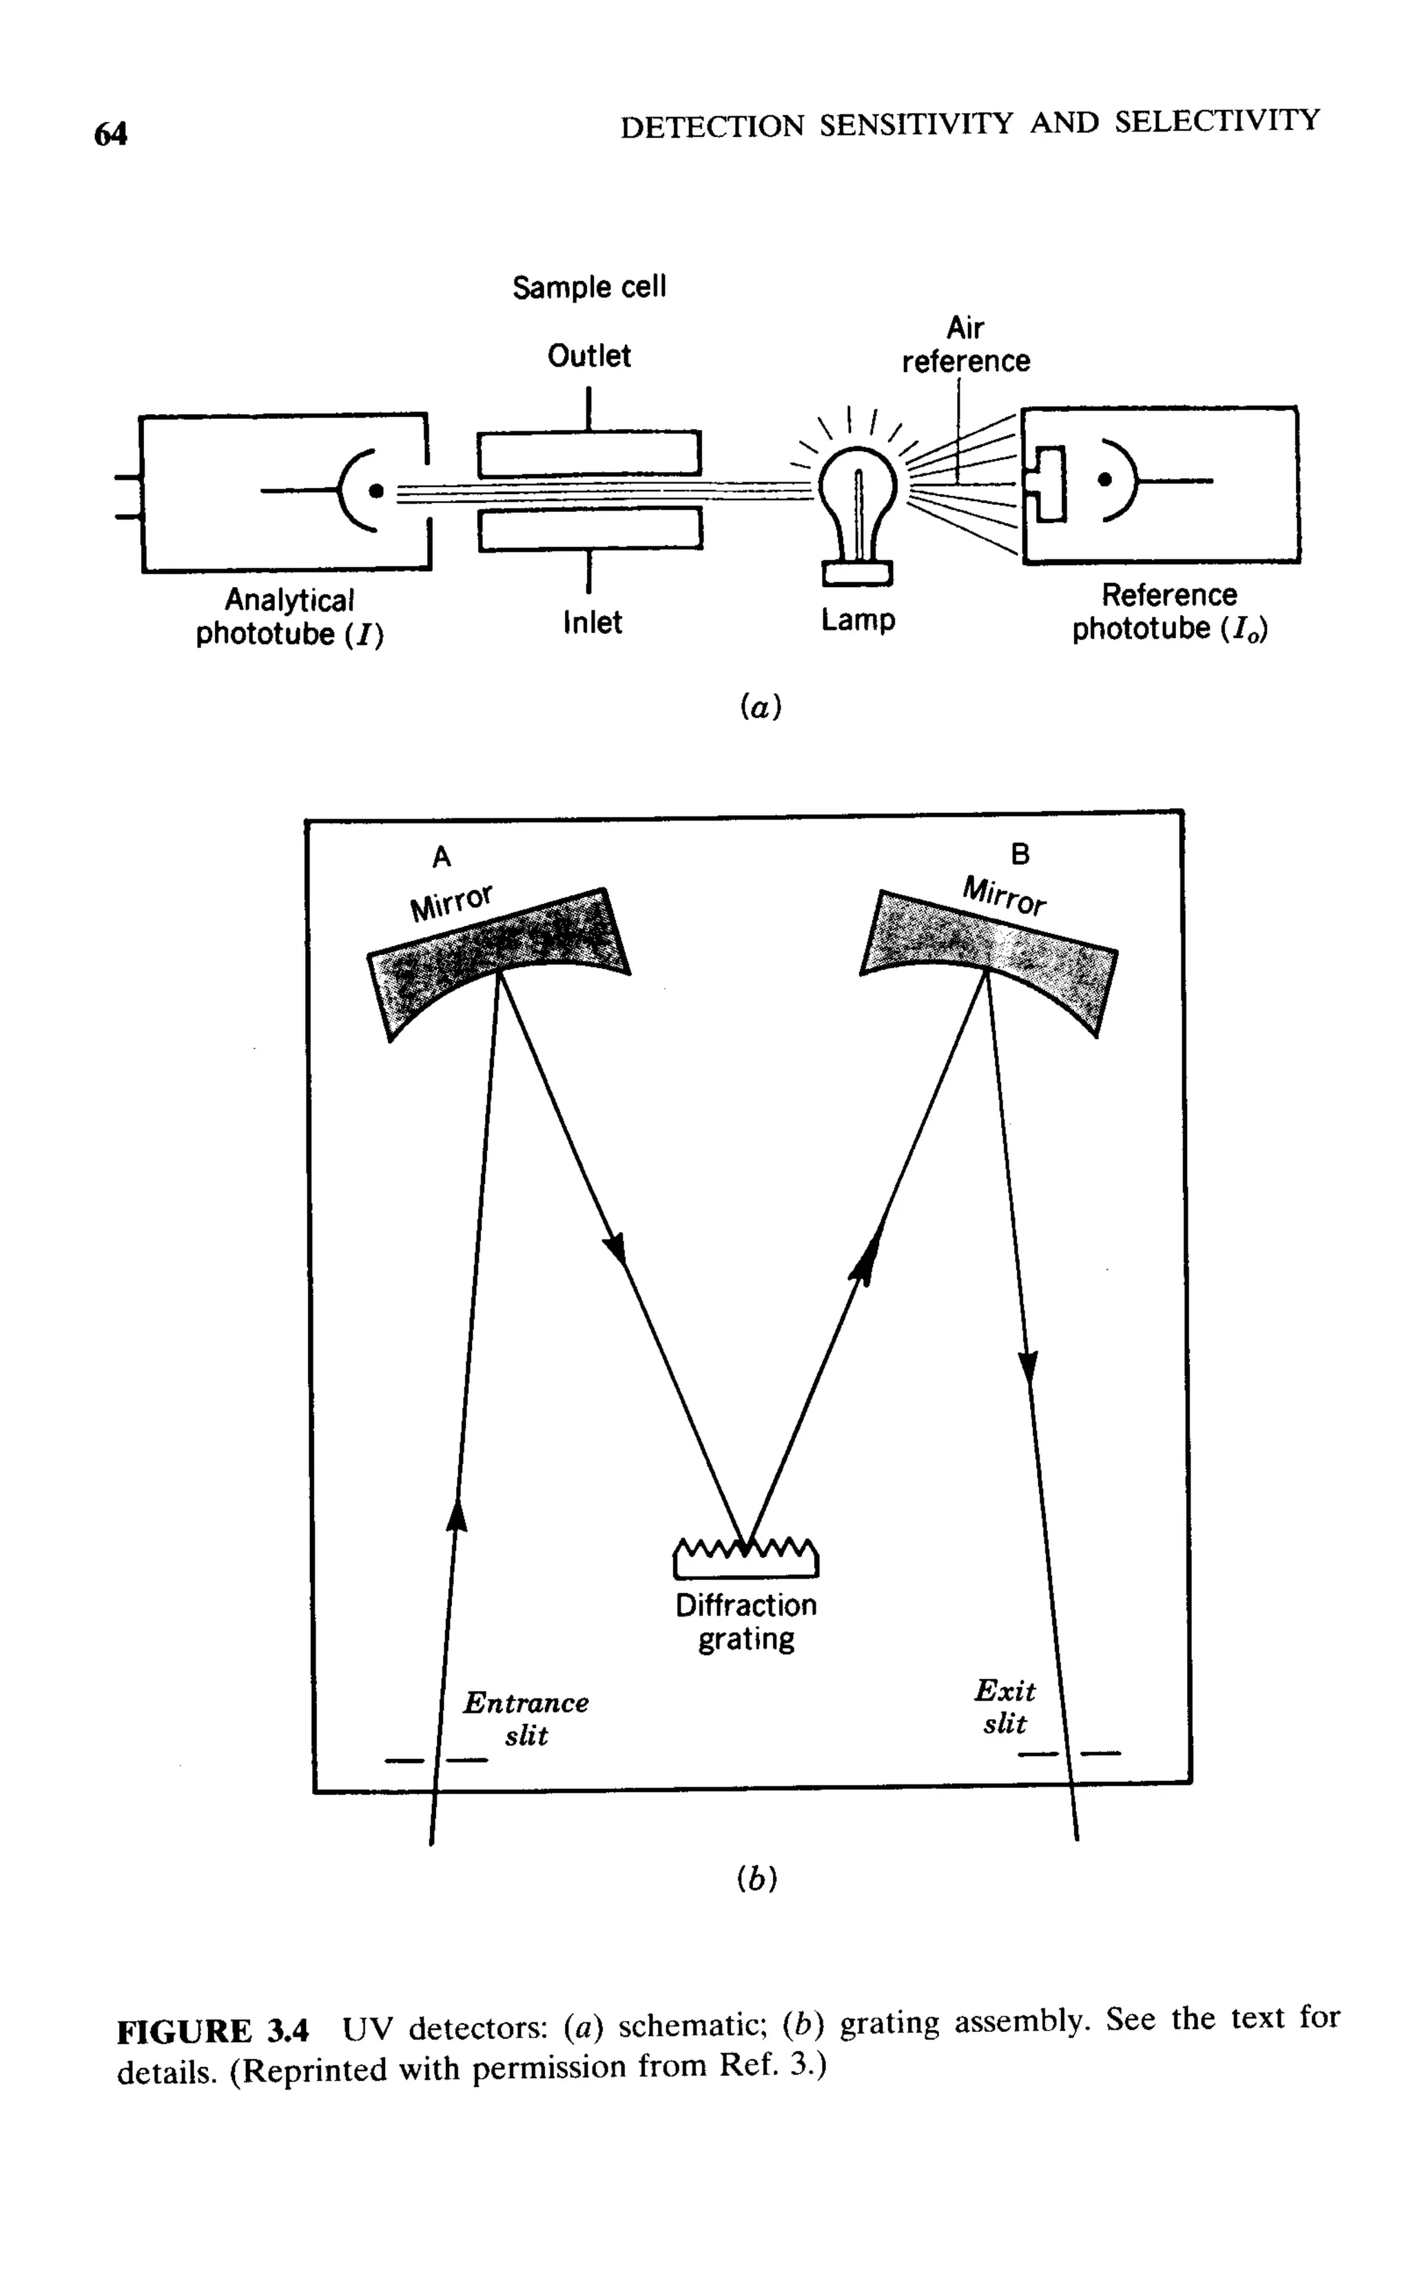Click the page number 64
pyautogui.click(x=110, y=134)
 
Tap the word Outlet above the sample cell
pyautogui.click(x=589, y=356)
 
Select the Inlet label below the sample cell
pyautogui.click(x=593, y=621)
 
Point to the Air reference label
pyautogui.click(x=966, y=345)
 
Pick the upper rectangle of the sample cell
pyautogui.click(x=589, y=453)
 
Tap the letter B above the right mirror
pyautogui.click(x=1021, y=853)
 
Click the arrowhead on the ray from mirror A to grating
pyautogui.click(x=615, y=1248)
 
